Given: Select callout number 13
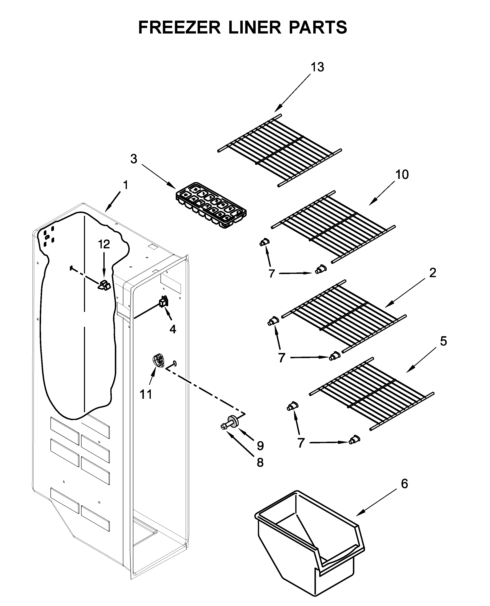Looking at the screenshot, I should point(317,67).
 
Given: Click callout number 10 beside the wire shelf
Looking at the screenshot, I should point(402,175).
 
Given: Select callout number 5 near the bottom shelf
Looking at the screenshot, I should point(443,341).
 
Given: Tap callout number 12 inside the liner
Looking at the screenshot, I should point(104,244).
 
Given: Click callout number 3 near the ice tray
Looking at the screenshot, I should point(134,159).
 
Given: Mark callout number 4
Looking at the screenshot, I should point(173,329).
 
